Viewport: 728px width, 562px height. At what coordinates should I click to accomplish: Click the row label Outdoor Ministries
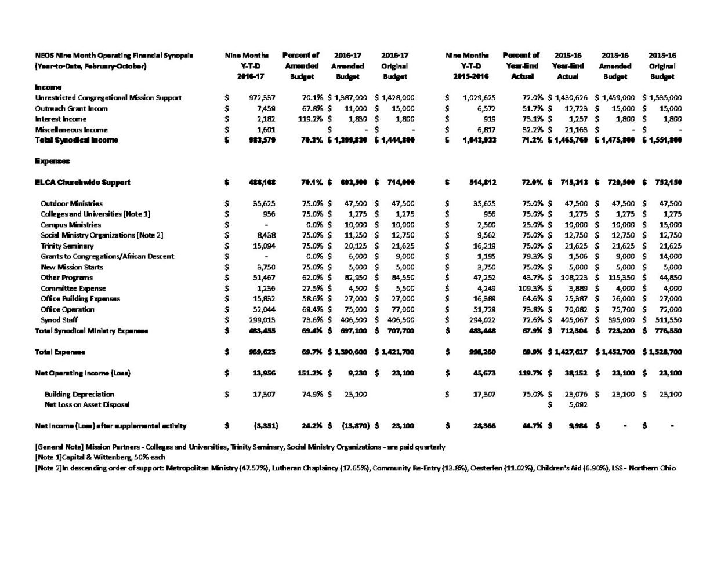point(71,203)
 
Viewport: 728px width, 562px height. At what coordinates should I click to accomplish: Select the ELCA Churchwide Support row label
point(82,182)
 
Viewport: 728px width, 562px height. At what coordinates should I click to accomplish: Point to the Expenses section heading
point(52,161)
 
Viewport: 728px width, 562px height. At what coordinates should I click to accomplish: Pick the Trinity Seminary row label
point(67,246)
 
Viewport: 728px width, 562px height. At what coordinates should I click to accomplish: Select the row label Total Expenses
point(60,352)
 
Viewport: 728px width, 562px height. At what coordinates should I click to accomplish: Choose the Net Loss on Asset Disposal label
point(87,404)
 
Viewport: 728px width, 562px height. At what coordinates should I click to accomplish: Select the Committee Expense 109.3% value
point(532,288)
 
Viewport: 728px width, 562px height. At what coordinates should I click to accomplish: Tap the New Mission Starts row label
point(72,267)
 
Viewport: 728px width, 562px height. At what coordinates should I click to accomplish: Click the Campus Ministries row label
point(71,225)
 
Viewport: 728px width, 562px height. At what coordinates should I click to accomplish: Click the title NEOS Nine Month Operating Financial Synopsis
point(114,56)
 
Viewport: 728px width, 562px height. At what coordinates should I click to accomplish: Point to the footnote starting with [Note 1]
point(100,457)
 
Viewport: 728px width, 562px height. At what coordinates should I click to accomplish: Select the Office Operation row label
point(67,309)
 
